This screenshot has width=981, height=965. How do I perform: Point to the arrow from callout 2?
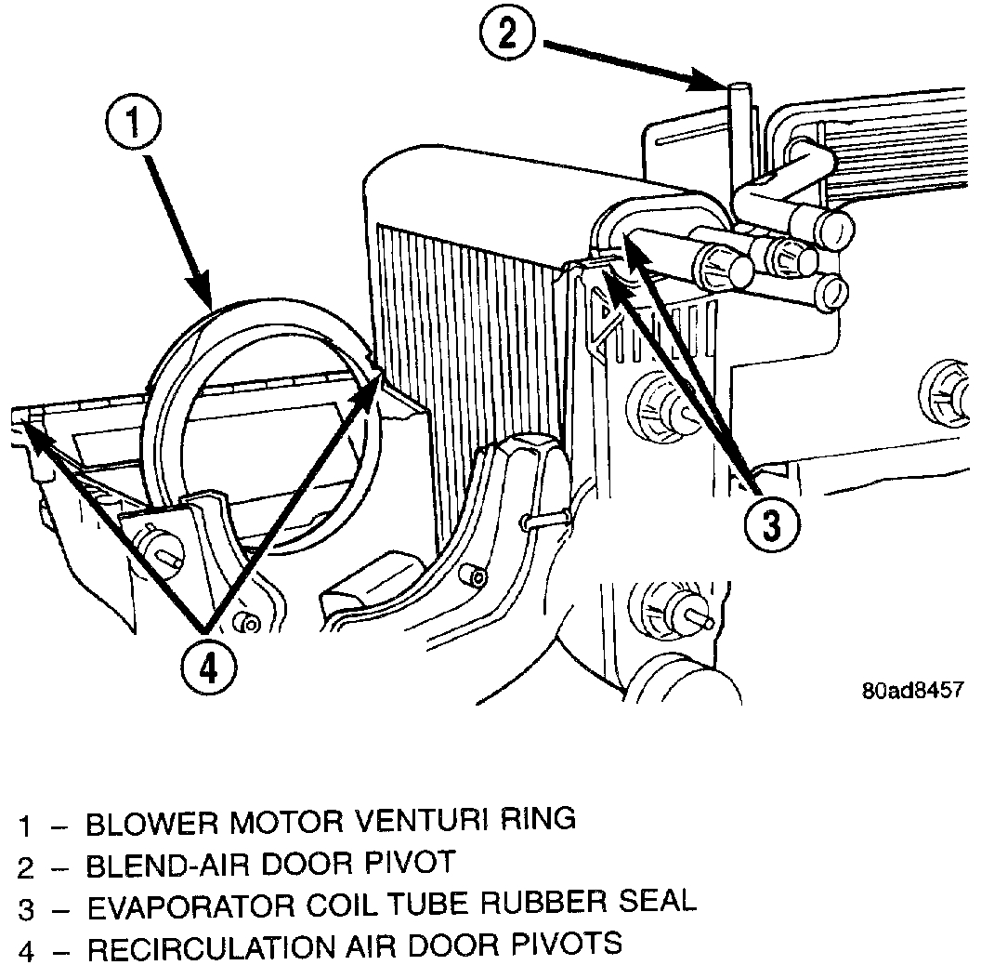point(632,65)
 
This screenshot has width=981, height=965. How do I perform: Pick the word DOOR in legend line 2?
point(312,864)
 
